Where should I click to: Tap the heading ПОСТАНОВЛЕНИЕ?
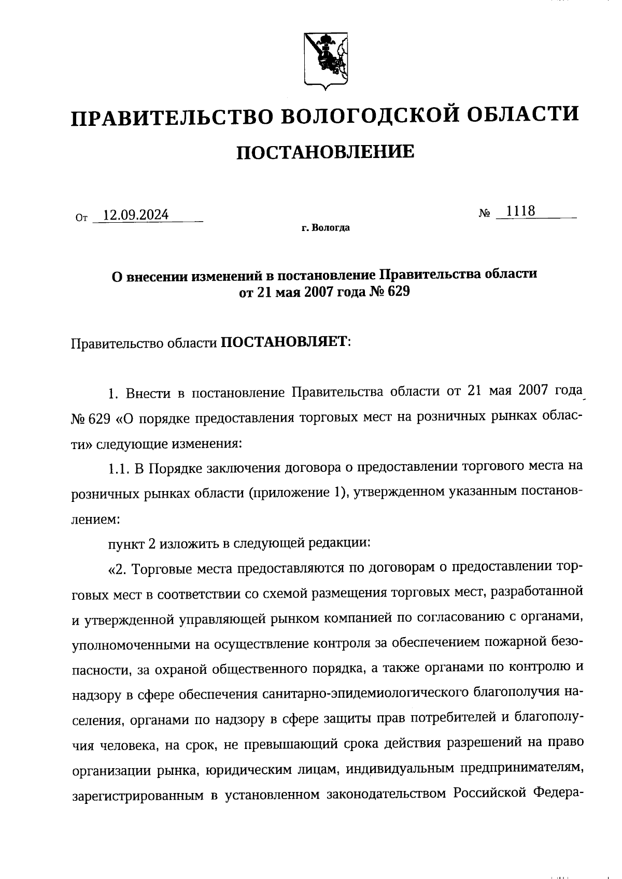(x=325, y=152)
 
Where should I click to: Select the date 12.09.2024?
(x=136, y=214)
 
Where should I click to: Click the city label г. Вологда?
(x=326, y=227)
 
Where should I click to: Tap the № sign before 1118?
(x=485, y=213)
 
